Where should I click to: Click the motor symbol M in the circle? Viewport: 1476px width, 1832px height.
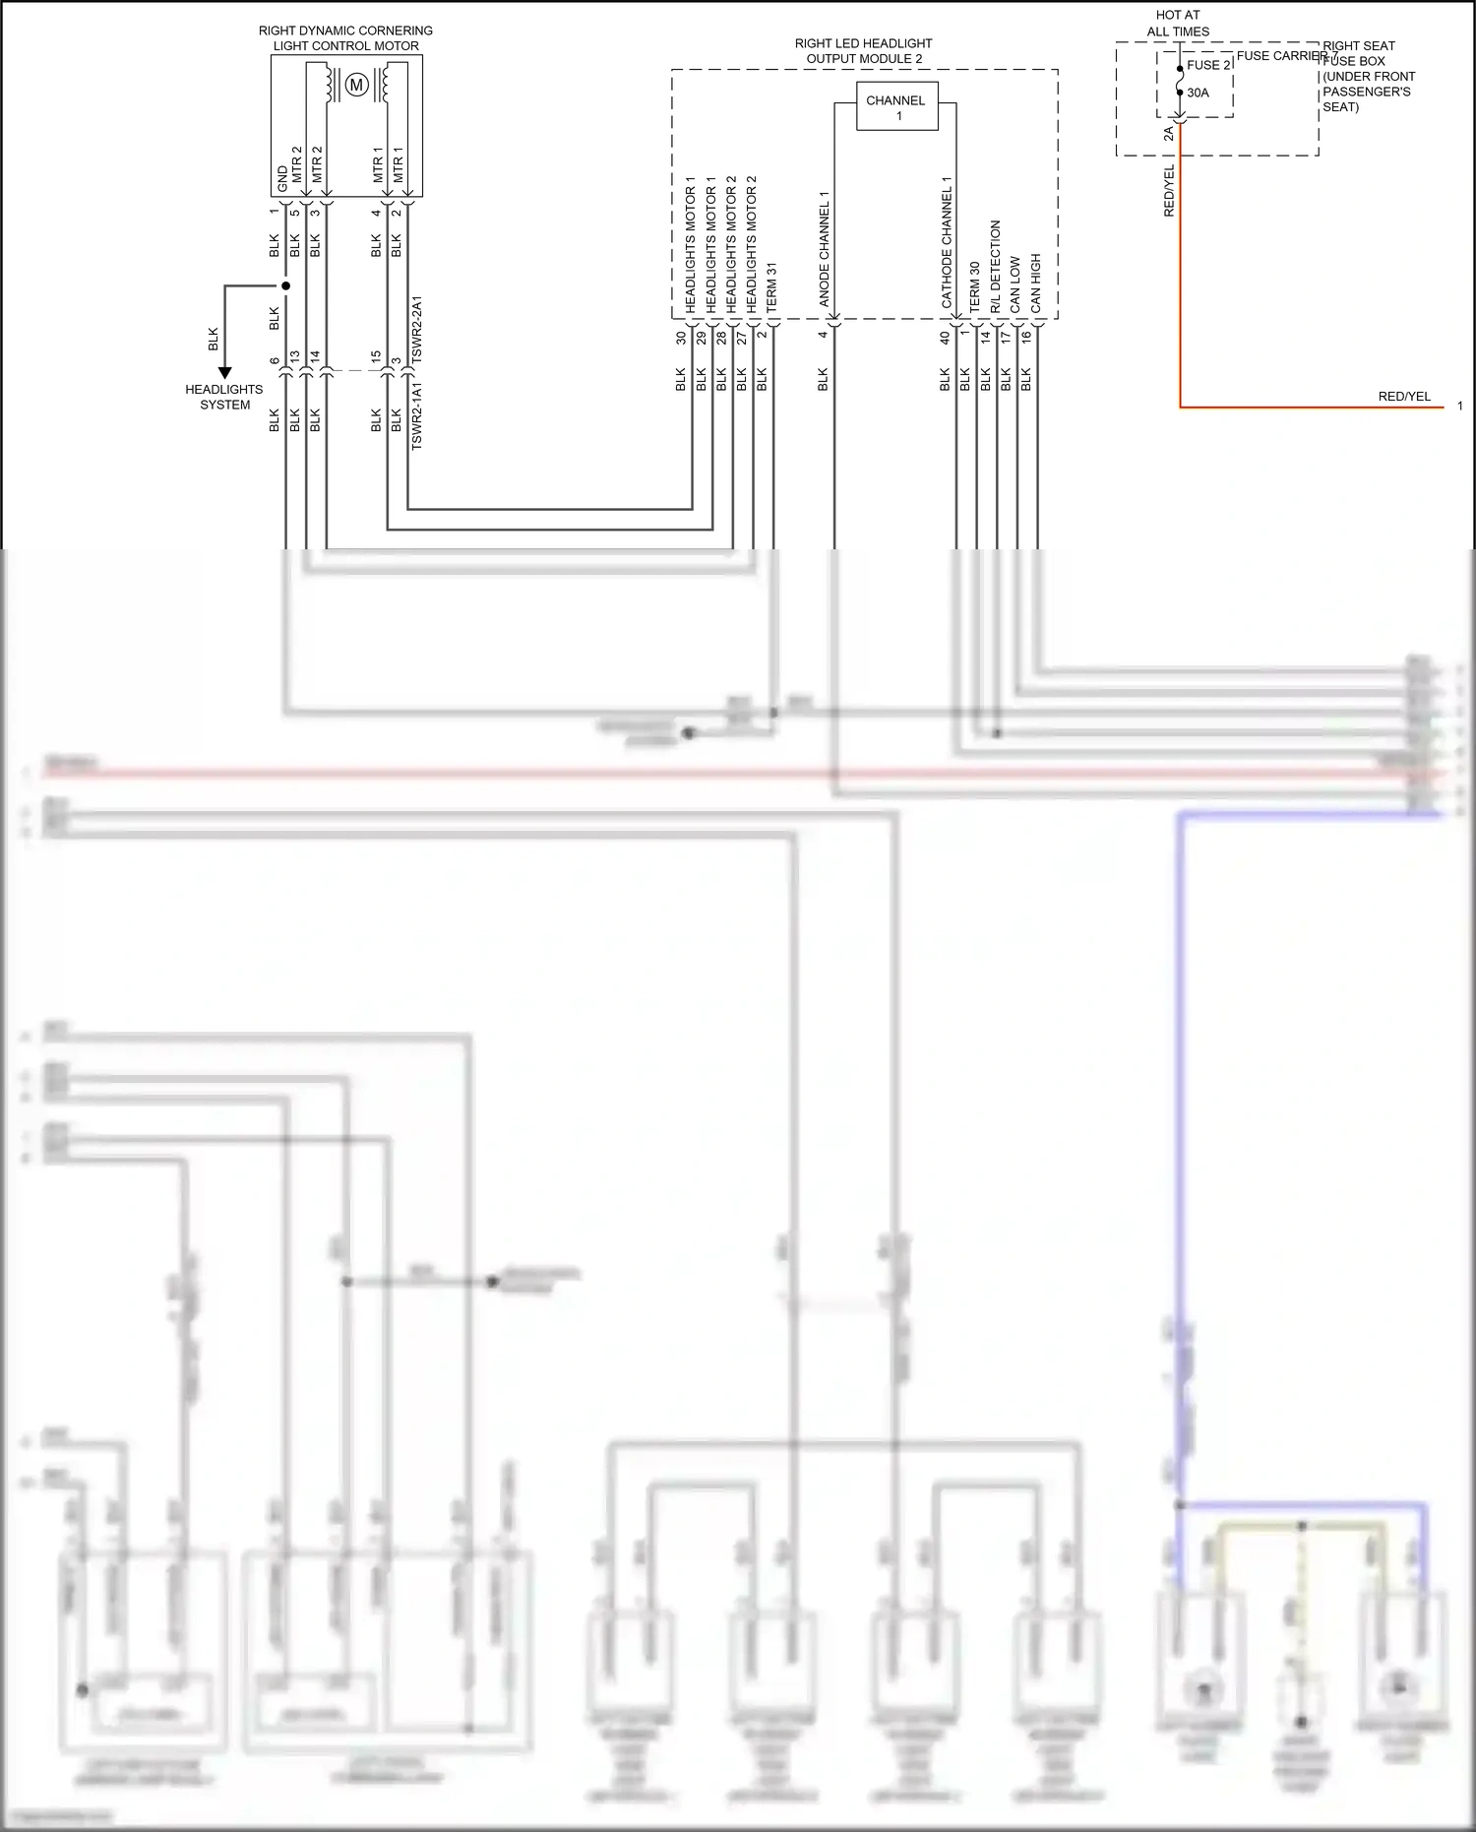pyautogui.click(x=357, y=85)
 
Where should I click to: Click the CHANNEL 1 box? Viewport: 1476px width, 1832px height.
pyautogui.click(x=896, y=106)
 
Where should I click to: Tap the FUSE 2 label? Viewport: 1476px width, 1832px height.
pyautogui.click(x=1208, y=65)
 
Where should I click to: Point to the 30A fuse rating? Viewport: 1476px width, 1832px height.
pyautogui.click(x=1198, y=93)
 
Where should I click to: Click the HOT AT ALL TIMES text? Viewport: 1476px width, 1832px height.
pyautogui.click(x=1178, y=24)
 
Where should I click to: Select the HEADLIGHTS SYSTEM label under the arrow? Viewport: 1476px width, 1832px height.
pyautogui.click(x=224, y=397)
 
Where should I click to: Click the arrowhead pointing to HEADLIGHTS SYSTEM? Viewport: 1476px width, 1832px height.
pyautogui.click(x=224, y=373)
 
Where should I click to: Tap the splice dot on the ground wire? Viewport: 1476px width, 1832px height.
pyautogui.click(x=286, y=286)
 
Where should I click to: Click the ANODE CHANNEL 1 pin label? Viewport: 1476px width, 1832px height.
pyautogui.click(x=825, y=249)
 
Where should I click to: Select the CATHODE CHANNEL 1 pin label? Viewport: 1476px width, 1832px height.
pyautogui.click(x=947, y=242)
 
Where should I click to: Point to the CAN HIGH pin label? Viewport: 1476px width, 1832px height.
pyautogui.click(x=1035, y=284)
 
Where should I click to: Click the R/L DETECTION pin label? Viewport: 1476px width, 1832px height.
pyautogui.click(x=995, y=266)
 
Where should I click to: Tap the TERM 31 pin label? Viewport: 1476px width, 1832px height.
pyautogui.click(x=771, y=287)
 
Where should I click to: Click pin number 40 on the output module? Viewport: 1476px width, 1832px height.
pyautogui.click(x=945, y=337)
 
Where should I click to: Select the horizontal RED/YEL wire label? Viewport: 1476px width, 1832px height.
pyautogui.click(x=1404, y=397)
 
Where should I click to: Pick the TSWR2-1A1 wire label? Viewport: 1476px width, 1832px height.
pyautogui.click(x=416, y=415)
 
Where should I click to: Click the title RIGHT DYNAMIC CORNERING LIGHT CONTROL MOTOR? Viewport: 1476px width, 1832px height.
pyautogui.click(x=345, y=38)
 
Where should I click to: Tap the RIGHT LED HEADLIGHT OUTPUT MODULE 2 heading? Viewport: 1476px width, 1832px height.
pyautogui.click(x=863, y=51)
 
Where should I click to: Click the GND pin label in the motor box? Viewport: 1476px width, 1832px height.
pyautogui.click(x=282, y=179)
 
